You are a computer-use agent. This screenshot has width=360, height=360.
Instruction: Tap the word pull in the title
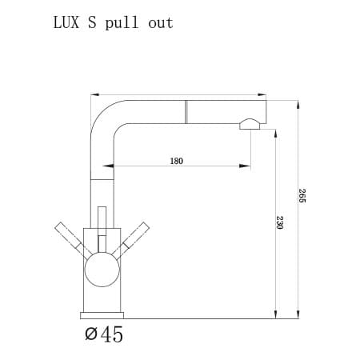[x=121, y=22]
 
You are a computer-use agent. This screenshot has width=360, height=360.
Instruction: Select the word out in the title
[x=160, y=22]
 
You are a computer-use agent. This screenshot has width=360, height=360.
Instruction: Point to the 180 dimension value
[x=176, y=161]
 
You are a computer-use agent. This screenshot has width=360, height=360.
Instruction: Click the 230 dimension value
[x=280, y=222]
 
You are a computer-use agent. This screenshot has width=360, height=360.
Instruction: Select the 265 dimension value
[x=302, y=195]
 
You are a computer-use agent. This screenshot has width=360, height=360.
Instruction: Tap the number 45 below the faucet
[x=113, y=334]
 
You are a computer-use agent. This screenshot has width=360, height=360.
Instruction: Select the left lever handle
[x=71, y=238]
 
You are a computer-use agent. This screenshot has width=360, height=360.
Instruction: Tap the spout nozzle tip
[x=250, y=124]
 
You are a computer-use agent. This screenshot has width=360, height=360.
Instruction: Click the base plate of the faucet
[x=102, y=313]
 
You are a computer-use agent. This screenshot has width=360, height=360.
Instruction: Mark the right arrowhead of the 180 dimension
[x=246, y=166]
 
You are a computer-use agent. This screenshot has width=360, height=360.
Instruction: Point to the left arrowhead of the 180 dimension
[x=102, y=166]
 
